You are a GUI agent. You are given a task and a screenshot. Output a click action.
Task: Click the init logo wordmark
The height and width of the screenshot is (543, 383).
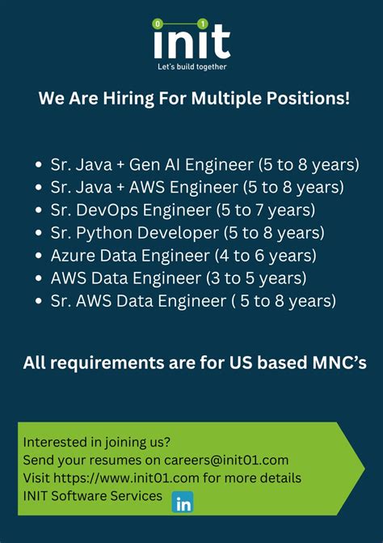(192, 40)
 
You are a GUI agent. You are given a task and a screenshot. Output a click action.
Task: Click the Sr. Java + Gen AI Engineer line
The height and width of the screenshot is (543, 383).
(151, 164)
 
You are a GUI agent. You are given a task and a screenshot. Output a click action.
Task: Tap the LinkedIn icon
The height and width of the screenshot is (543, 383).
(183, 502)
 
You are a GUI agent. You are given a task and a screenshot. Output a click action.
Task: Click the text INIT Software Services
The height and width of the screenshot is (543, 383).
(92, 495)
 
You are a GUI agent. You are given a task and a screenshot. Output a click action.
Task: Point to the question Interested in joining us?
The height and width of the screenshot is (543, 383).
(97, 442)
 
